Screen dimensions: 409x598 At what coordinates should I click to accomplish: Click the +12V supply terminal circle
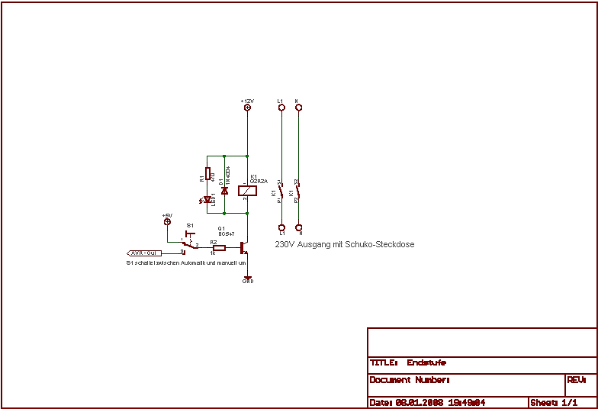pyautogui.click(x=247, y=108)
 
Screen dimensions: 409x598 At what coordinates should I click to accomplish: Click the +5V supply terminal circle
pyautogui.click(x=167, y=222)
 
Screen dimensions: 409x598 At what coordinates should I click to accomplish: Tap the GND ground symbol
pyautogui.click(x=247, y=279)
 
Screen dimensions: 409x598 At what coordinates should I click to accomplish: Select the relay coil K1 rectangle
pyautogui.click(x=246, y=190)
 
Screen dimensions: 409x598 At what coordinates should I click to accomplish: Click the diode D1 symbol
pyautogui.click(x=224, y=190)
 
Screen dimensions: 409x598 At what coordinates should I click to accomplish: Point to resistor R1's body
pyautogui.click(x=207, y=174)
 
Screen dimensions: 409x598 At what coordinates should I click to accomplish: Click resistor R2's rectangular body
pyautogui.click(x=219, y=248)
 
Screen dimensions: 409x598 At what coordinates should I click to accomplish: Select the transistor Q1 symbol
pyautogui.click(x=243, y=248)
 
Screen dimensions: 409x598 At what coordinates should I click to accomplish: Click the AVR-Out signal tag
pyautogui.click(x=144, y=253)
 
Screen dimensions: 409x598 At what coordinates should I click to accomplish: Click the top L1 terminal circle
pyautogui.click(x=281, y=108)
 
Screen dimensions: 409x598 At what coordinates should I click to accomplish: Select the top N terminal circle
pyautogui.click(x=298, y=108)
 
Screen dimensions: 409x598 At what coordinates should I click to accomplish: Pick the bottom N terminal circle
pyautogui.click(x=298, y=227)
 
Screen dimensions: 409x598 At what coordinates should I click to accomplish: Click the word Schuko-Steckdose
pyautogui.click(x=380, y=245)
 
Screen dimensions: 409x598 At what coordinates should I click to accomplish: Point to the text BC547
pyautogui.click(x=226, y=233)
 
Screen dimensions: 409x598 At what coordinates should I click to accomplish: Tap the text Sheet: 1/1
pyautogui.click(x=554, y=402)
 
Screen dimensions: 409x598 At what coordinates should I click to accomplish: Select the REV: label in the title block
pyautogui.click(x=576, y=379)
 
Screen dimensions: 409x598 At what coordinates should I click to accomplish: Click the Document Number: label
pyautogui.click(x=410, y=380)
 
